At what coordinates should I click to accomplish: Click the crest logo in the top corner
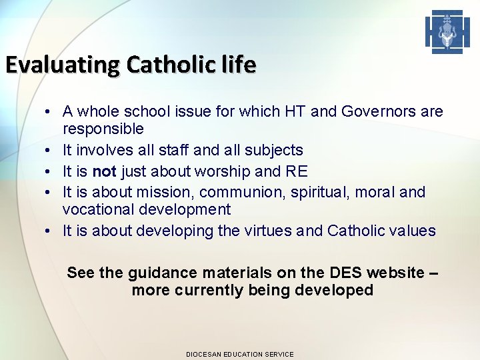pyautogui.click(x=447, y=32)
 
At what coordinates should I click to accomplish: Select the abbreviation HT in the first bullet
pyautogui.click(x=297, y=111)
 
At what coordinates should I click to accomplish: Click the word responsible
pyautogui.click(x=103, y=129)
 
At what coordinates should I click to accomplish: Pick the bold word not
pyautogui.click(x=104, y=171)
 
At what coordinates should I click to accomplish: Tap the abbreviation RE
pyautogui.click(x=296, y=171)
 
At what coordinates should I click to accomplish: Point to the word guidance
pyautogui.click(x=160, y=273)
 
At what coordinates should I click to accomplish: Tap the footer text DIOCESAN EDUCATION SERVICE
pyautogui.click(x=239, y=354)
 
